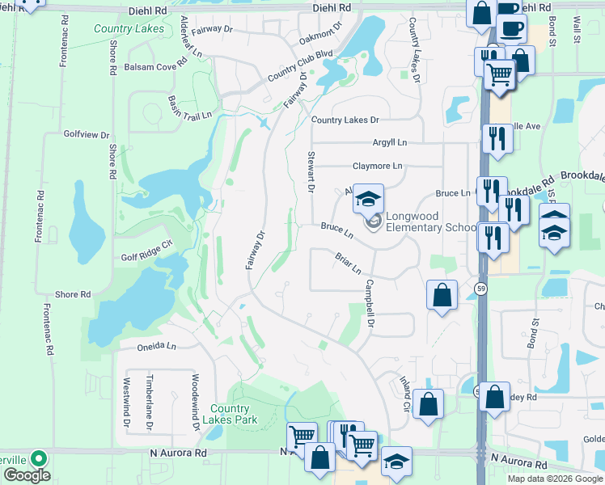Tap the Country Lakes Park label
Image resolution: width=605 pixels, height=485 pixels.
click(234, 414)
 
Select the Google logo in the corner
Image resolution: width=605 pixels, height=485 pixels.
click(27, 475)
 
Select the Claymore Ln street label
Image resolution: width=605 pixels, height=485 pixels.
click(377, 166)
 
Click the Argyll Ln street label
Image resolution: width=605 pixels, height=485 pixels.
click(390, 142)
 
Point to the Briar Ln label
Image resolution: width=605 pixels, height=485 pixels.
click(347, 262)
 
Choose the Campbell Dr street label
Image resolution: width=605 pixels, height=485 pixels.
click(371, 304)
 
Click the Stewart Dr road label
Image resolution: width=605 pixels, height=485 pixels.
click(311, 173)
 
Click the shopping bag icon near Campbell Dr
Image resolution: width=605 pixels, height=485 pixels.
click(442, 296)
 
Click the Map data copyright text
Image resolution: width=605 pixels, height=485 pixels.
click(556, 479)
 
